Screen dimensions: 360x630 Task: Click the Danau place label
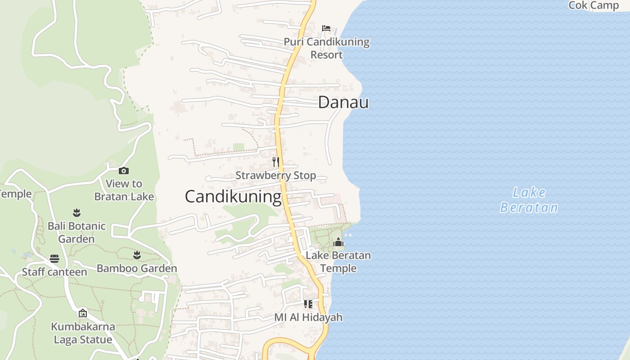(x=343, y=103)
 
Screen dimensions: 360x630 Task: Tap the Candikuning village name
(x=233, y=197)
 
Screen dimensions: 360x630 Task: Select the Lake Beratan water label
(x=529, y=200)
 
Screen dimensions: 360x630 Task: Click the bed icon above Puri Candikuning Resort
(x=326, y=28)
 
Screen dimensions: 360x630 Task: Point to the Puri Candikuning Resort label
(x=326, y=48)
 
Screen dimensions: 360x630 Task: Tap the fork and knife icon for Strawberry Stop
(x=276, y=162)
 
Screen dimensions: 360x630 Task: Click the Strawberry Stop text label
(x=276, y=175)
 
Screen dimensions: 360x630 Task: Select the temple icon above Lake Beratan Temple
(x=338, y=243)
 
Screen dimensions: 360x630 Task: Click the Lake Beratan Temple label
(x=338, y=262)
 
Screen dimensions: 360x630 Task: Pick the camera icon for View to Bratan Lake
(x=124, y=171)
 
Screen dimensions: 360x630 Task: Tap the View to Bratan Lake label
(x=124, y=190)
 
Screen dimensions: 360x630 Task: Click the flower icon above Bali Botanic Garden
(x=76, y=212)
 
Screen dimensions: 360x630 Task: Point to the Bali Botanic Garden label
(x=76, y=232)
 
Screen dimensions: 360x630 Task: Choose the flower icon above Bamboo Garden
(x=137, y=256)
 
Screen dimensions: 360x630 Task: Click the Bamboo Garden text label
(x=137, y=269)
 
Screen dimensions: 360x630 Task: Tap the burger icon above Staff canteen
(x=54, y=259)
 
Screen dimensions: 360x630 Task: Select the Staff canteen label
(x=54, y=272)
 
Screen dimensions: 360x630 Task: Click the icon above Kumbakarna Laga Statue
(x=83, y=313)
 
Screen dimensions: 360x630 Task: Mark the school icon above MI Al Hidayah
(x=308, y=304)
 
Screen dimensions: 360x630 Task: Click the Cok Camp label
(x=594, y=5)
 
